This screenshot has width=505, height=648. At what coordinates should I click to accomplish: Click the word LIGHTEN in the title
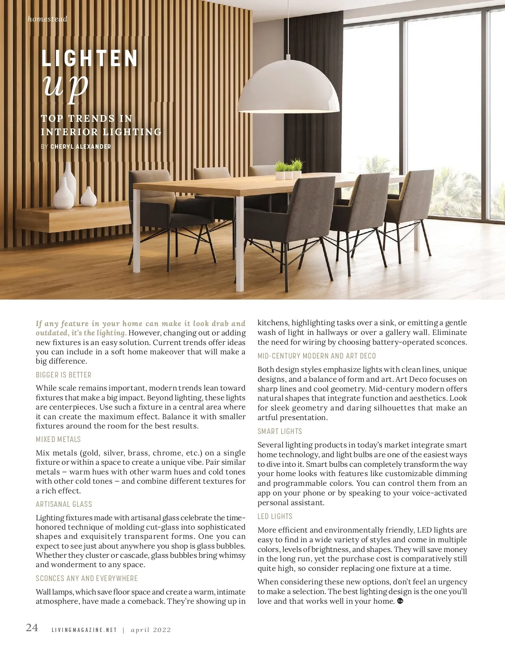(90, 59)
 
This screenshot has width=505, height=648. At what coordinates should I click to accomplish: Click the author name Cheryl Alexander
(81, 147)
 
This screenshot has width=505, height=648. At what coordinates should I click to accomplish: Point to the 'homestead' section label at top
(47, 19)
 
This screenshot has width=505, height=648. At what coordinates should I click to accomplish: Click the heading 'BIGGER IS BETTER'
(64, 375)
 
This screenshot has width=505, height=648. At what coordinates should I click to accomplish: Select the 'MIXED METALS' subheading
(58, 439)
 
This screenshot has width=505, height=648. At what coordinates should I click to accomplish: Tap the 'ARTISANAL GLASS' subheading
(64, 504)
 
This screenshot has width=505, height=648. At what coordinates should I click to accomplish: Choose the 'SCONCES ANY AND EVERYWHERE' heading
(87, 578)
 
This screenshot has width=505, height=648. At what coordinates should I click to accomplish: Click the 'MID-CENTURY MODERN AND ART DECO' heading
(316, 356)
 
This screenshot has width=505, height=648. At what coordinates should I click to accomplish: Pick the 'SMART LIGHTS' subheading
(280, 431)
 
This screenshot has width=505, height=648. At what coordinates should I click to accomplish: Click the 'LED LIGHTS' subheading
(275, 517)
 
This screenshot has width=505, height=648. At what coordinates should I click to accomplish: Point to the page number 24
(32, 627)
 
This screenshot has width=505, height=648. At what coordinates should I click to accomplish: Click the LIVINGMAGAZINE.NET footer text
(84, 630)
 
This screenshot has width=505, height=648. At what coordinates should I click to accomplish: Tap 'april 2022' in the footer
(151, 630)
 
